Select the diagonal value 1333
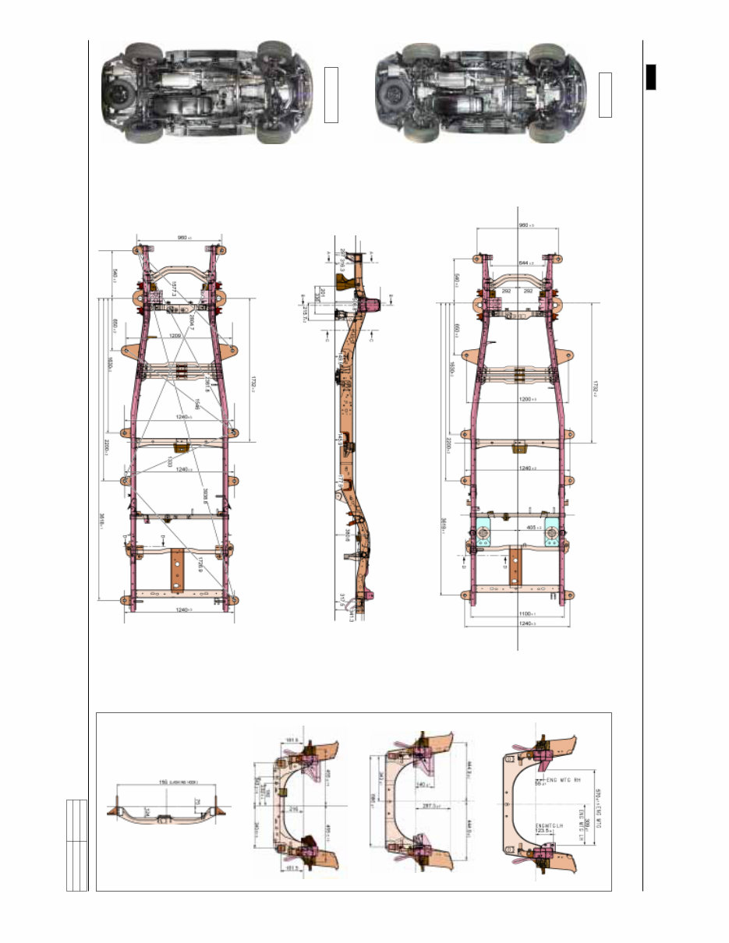168,462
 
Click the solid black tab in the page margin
652,76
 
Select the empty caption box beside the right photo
605,94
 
